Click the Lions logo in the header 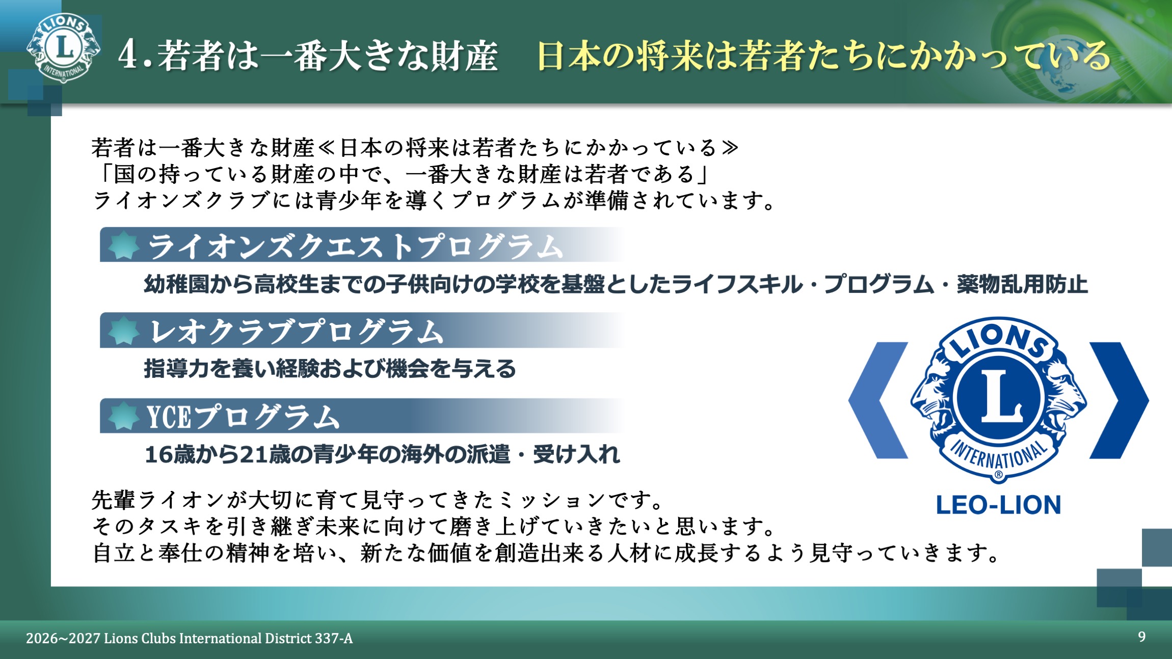pos(63,47)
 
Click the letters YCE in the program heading pos(169,417)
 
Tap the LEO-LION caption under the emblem pos(998,505)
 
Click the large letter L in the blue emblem pos(1001,397)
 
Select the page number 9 pos(1142,637)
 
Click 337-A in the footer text pos(333,638)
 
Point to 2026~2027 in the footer pos(63,638)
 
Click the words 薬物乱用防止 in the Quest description pos(1022,284)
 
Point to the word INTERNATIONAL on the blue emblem pos(999,455)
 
